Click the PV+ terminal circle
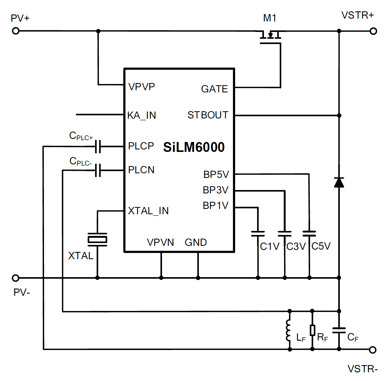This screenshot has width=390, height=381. pos(16,31)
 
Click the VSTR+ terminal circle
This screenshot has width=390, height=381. pos(374,31)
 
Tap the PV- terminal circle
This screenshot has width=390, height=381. pos(16,278)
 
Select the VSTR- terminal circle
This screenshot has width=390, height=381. pos(373,350)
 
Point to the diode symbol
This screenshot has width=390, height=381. pos(339,182)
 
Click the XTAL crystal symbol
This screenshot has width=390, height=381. pos(97,240)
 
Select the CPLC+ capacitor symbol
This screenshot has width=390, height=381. pos(98,146)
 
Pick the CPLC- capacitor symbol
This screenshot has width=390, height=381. pos(98,171)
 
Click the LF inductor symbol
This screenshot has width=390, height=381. pos(289,330)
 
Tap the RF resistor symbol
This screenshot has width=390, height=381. pos(313,330)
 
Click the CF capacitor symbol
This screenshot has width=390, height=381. pos(339,330)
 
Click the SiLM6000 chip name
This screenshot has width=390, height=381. pos(194,147)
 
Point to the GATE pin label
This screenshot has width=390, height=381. pos(214,89)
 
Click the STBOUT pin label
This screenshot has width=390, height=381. pos(208,115)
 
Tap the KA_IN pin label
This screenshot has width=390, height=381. pos(142,115)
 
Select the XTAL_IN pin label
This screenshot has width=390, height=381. pos(148,211)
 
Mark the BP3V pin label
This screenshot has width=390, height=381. pos(216,190)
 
